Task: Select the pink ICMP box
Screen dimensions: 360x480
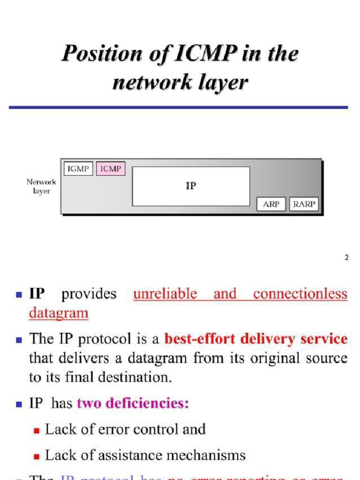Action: tap(111, 169)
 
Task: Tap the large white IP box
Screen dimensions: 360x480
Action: tap(191, 186)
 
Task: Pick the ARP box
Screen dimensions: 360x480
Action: tap(271, 204)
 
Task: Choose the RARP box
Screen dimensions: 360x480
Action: tap(304, 204)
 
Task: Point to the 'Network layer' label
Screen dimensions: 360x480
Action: tap(41, 187)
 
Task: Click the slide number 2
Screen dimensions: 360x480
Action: tap(347, 257)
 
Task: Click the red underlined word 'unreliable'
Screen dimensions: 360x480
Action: tap(165, 294)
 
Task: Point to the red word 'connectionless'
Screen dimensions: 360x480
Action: tap(300, 294)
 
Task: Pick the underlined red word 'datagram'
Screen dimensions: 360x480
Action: tap(59, 313)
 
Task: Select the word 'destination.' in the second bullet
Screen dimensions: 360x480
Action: tap(138, 378)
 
